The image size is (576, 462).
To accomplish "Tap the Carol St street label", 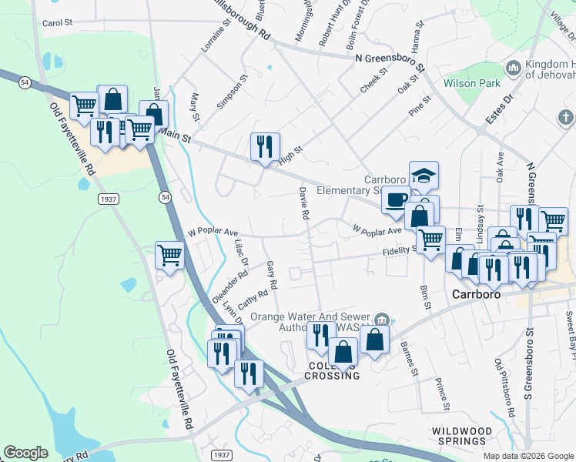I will (x=57, y=23).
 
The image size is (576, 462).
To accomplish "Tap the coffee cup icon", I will (x=396, y=200).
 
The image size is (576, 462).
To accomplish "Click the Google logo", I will (x=25, y=453).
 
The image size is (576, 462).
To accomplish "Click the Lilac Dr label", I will (x=240, y=252).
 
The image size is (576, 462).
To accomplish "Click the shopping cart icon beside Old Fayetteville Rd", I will (x=169, y=254).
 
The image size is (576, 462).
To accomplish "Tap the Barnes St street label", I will (x=409, y=359).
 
